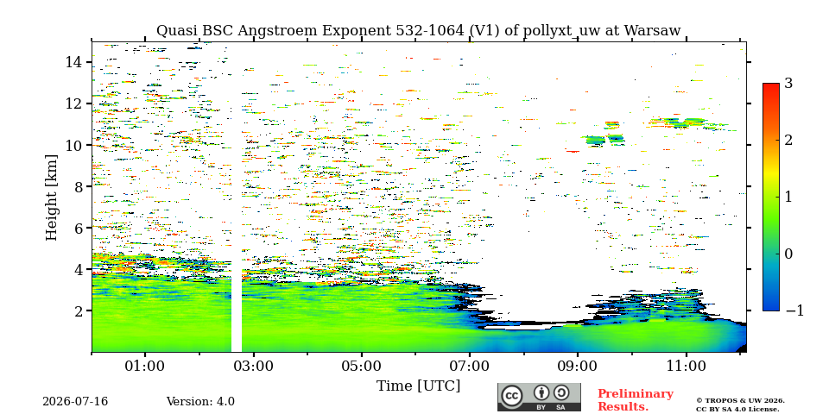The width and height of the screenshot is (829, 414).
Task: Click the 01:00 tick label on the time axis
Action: [x=145, y=366]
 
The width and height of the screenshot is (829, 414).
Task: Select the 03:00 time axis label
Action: [x=254, y=366]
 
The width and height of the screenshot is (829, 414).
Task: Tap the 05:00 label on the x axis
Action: [x=362, y=366]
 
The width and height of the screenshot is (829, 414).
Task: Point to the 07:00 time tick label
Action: [x=470, y=366]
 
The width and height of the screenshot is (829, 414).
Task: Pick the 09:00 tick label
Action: [x=578, y=366]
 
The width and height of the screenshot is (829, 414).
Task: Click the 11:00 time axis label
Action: [x=687, y=366]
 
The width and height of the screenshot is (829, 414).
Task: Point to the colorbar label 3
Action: [x=789, y=83]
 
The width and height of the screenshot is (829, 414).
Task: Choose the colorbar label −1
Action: [x=794, y=310]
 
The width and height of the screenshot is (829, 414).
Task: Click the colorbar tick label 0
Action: [x=789, y=254]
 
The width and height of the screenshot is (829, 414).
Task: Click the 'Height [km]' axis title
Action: [x=51, y=198]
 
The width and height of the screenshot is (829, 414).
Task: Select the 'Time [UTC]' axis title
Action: [x=418, y=386]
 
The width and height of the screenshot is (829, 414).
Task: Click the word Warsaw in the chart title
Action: [x=652, y=31]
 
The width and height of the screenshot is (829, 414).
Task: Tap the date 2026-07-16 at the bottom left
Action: [x=75, y=402]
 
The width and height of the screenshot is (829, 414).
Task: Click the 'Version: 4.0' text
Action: [x=200, y=402]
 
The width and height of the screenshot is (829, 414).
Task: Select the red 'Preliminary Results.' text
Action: [x=635, y=399]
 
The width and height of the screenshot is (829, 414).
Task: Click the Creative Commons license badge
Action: [x=539, y=397]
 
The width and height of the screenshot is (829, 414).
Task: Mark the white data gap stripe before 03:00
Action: [x=237, y=311]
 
